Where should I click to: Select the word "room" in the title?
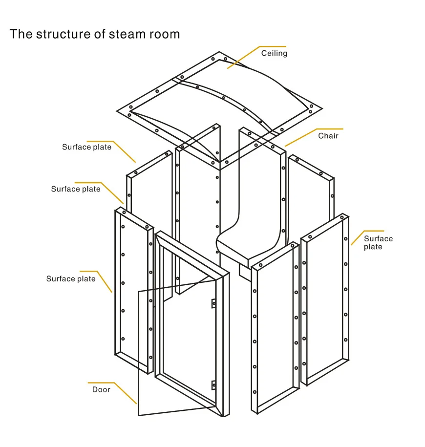[164, 34]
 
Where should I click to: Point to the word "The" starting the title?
[21, 34]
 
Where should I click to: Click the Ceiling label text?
[274, 53]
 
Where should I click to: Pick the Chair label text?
[328, 136]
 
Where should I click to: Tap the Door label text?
[101, 389]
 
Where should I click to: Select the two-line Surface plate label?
[378, 243]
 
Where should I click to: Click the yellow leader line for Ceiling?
[256, 57]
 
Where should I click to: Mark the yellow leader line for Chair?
[314, 137]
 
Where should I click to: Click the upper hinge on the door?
[213, 303]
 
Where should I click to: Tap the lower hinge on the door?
[213, 385]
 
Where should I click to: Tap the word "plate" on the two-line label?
[373, 247]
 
